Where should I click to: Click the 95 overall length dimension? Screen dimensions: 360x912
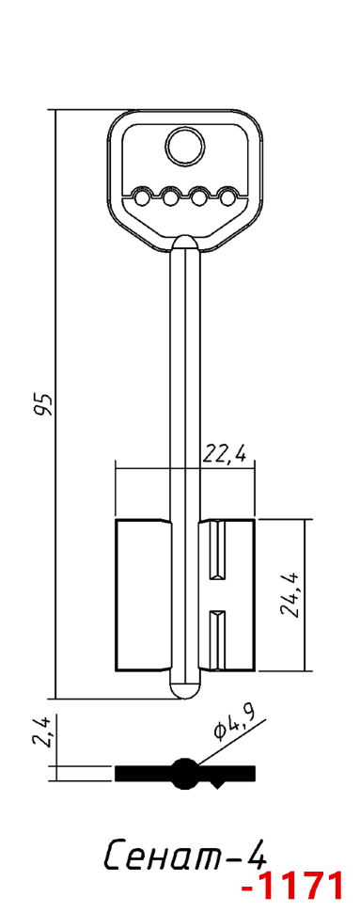(x=44, y=403)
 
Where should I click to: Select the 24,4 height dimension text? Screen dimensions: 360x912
(x=290, y=594)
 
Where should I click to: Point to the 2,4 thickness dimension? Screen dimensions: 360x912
(x=45, y=731)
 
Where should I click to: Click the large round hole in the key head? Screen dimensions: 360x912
(x=185, y=146)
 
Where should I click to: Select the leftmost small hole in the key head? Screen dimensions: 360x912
(x=141, y=199)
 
